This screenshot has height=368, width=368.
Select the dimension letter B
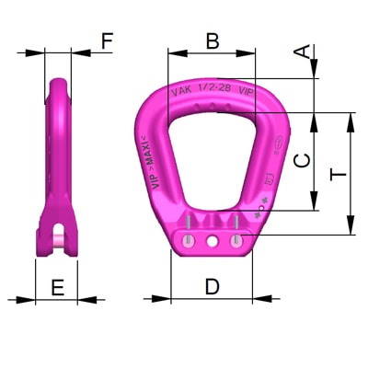click(213, 40)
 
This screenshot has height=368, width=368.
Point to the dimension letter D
click(213, 286)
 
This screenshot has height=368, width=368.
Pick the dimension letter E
click(57, 287)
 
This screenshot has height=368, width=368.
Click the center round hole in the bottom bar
click(213, 241)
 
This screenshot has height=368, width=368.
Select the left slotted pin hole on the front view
click(189, 240)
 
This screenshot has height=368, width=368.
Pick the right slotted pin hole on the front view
click(237, 240)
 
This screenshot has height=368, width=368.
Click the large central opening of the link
click(213, 166)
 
